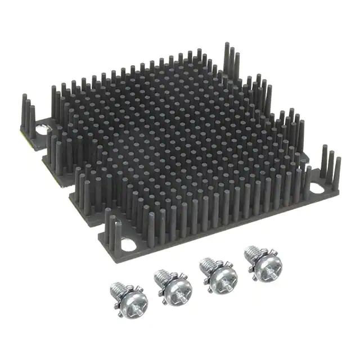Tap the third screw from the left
point(217,276)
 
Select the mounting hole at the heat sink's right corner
point(321,186)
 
